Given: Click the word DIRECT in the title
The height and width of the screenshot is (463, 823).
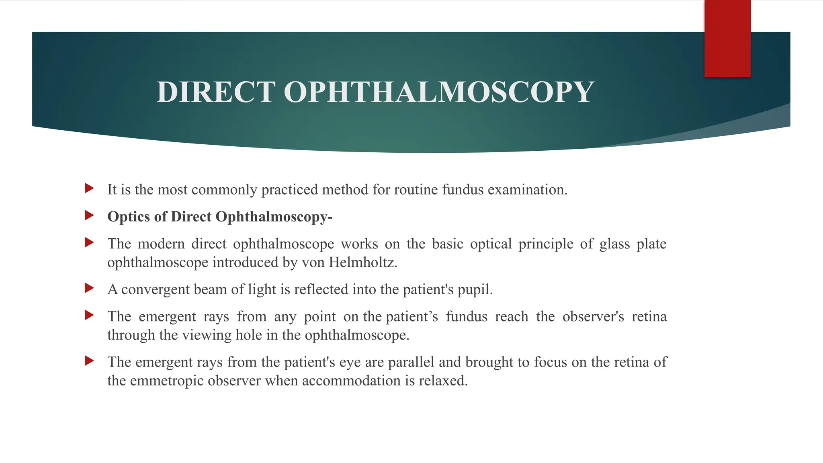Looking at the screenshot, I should coord(216,92).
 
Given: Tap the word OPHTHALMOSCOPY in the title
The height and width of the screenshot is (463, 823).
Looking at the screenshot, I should coord(439,92).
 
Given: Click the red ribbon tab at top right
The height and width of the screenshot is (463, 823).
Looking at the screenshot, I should coord(727,39).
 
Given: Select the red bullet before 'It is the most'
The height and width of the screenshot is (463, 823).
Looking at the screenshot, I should coord(90,188).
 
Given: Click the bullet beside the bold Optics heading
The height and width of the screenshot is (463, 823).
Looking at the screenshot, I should coord(90,215).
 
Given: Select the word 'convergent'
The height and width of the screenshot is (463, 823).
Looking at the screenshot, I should coord(155,289).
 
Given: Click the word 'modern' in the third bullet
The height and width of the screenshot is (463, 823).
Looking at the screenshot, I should coord(161,244).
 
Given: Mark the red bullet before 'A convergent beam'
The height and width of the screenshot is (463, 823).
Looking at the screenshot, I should coord(90,288).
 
